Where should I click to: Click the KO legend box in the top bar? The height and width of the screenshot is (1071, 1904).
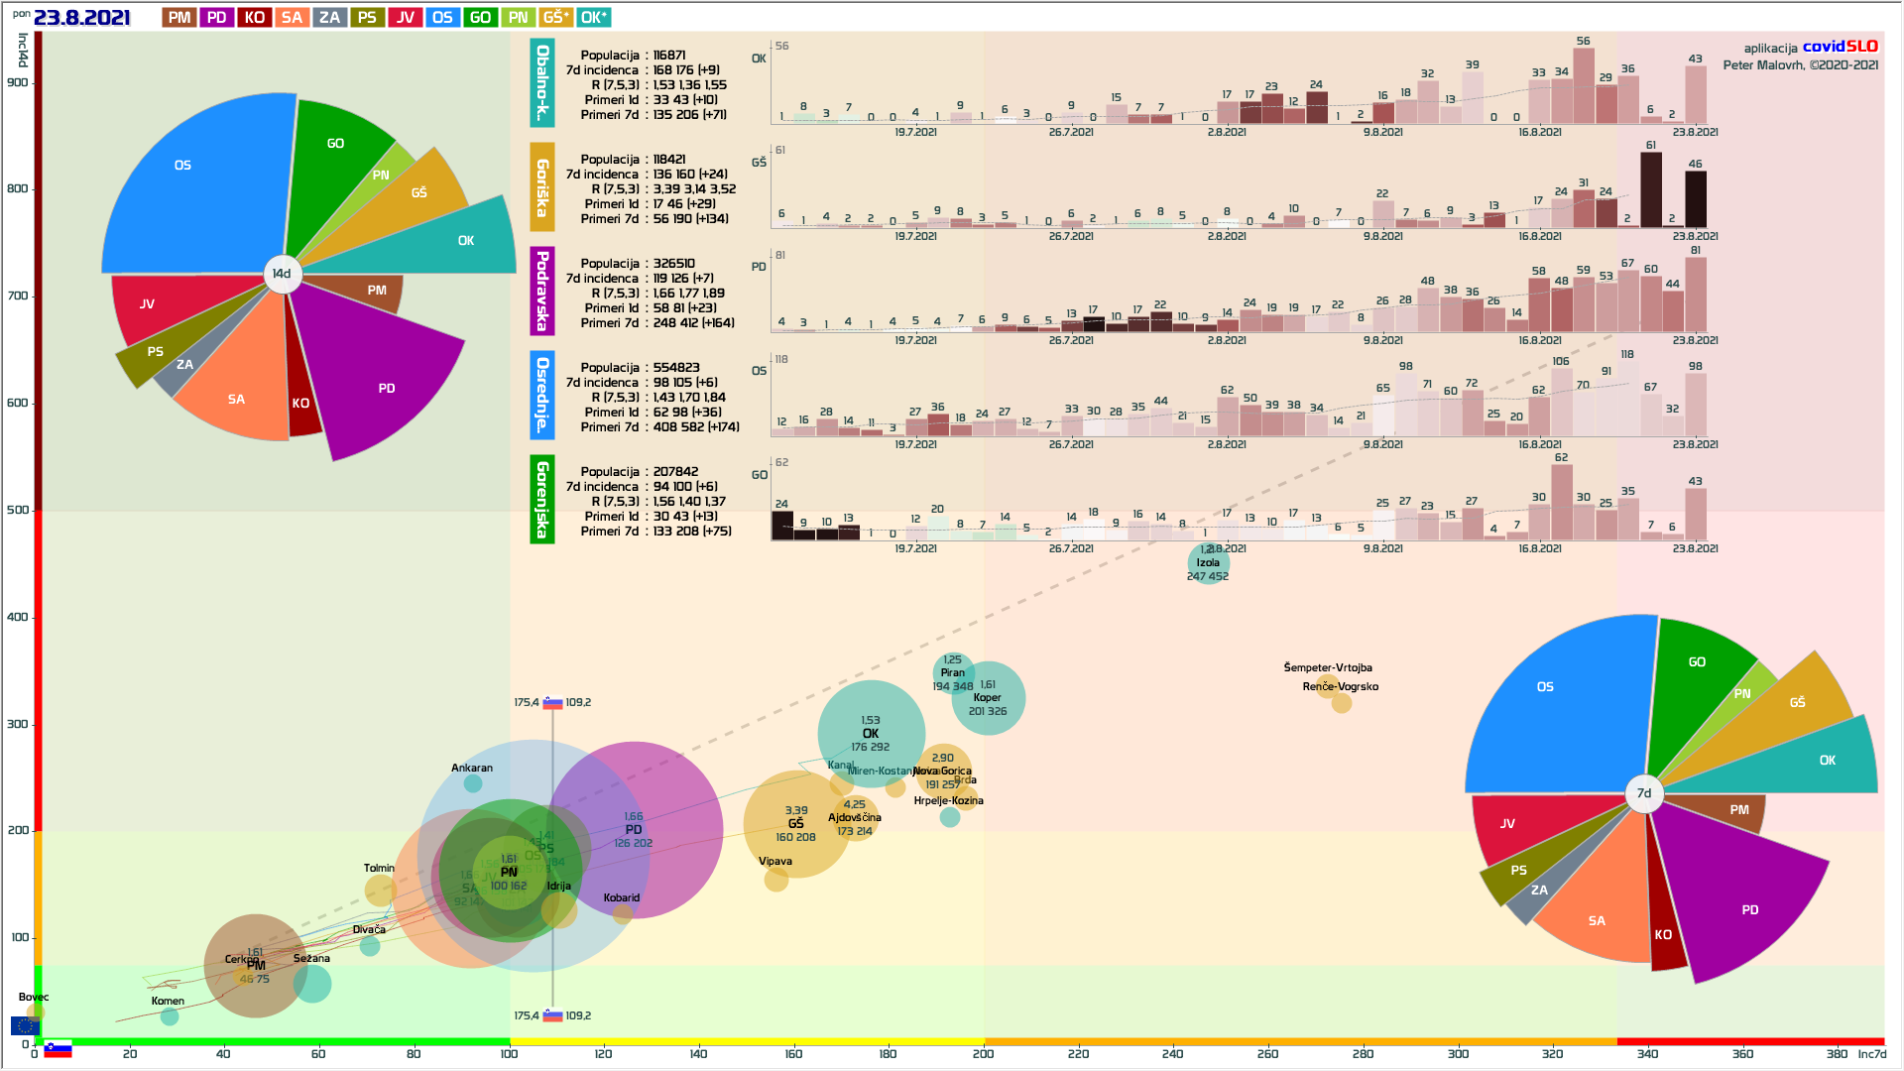(x=254, y=17)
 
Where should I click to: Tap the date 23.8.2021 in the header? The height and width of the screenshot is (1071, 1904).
(x=81, y=17)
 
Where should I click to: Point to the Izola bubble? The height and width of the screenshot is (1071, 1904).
(x=1208, y=563)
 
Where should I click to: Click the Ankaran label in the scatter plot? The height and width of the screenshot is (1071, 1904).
(x=472, y=768)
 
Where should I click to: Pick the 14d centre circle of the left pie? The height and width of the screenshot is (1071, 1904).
(x=283, y=274)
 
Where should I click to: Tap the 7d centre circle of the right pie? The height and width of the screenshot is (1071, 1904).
(x=1644, y=793)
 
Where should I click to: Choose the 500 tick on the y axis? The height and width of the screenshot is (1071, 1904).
(x=19, y=510)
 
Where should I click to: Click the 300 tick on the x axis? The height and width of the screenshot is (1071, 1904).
(x=1458, y=1054)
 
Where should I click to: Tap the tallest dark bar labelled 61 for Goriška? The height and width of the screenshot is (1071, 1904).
(x=1651, y=190)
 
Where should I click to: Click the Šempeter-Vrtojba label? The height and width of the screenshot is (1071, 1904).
(x=1328, y=667)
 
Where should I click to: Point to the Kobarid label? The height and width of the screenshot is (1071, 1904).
(x=622, y=897)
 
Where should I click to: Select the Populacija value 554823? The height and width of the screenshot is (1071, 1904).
(x=676, y=368)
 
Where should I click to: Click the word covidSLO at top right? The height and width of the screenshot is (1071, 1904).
(x=1840, y=47)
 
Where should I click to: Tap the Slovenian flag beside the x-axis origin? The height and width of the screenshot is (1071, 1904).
(x=59, y=1049)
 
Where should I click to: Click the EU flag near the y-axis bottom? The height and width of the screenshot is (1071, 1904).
(x=24, y=1025)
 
